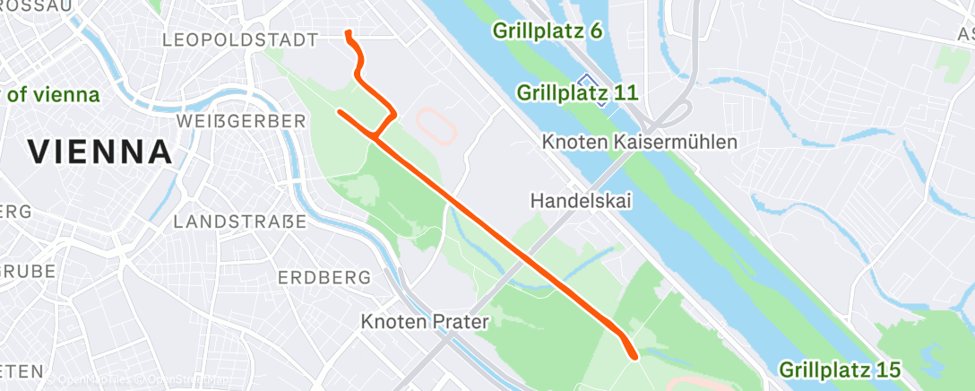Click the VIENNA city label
99,152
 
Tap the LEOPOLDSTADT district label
240,39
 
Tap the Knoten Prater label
424,321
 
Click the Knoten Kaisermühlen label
639,143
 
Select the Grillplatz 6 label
547,30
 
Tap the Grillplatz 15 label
839,369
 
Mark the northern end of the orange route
348,34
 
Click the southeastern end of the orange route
634,356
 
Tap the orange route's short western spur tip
340,112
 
